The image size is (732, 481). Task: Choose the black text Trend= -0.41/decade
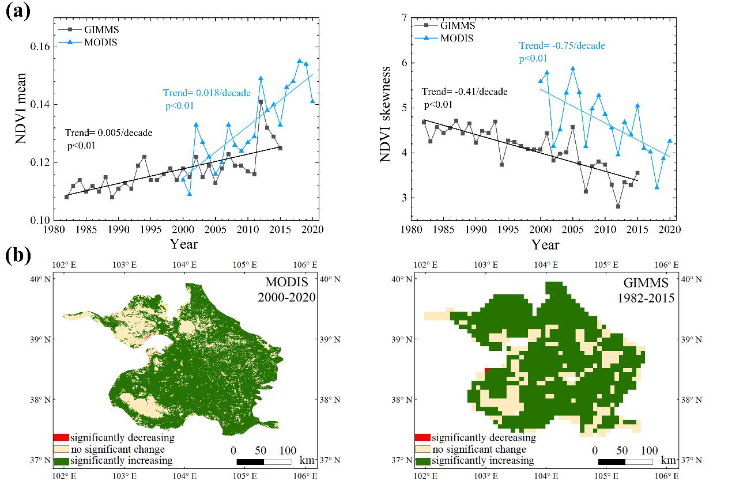click(465, 92)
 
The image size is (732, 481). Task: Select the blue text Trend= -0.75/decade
click(562, 46)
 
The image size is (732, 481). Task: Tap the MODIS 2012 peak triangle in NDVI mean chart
click(261, 78)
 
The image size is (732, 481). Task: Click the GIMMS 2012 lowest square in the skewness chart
click(618, 206)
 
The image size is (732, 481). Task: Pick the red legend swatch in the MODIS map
click(61, 438)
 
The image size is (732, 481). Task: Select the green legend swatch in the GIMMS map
click(422, 461)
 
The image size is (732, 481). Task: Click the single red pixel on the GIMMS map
click(487, 370)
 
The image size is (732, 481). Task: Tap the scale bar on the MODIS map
click(263, 461)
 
